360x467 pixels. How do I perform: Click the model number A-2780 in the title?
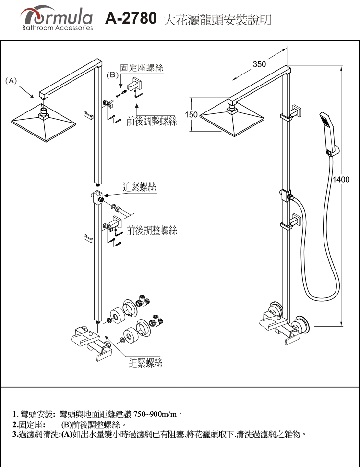pos(131,19)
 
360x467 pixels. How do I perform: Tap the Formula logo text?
pos(57,17)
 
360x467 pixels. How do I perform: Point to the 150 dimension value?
pos(191,115)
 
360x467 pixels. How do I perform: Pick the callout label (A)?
pos(11,80)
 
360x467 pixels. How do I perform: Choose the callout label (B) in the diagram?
pos(111,75)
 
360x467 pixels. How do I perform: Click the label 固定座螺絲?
pos(142,68)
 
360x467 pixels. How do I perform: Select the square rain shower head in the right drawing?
pos(232,123)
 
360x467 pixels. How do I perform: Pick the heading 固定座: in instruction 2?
pos(29,425)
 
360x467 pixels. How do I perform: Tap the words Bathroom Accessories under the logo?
pos(57,28)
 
